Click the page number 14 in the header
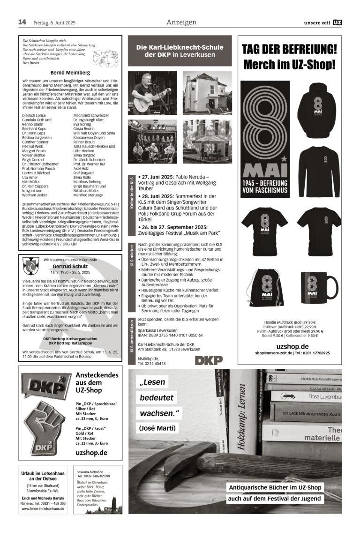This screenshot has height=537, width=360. (x=22, y=22)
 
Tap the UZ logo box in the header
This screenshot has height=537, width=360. (x=337, y=22)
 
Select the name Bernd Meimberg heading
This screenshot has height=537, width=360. (x=70, y=73)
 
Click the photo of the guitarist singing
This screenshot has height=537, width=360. (x=152, y=93)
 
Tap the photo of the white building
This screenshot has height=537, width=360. (x=207, y=93)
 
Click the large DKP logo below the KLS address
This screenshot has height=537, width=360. (x=209, y=360)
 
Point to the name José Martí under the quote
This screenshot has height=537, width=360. (x=157, y=427)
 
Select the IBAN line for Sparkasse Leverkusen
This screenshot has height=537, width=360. (x=170, y=335)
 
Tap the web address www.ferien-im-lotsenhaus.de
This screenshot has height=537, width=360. (x=44, y=508)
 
